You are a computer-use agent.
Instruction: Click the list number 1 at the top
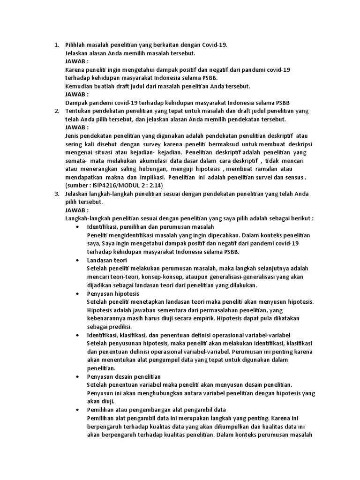point(56,45)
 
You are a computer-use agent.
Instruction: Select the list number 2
point(56,111)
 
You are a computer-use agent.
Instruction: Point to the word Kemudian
point(79,86)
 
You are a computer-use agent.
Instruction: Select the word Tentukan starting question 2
point(79,111)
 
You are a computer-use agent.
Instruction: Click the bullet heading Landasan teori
point(107,260)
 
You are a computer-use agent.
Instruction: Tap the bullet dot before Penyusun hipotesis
point(77,293)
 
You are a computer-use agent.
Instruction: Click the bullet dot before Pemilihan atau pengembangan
point(77,409)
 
